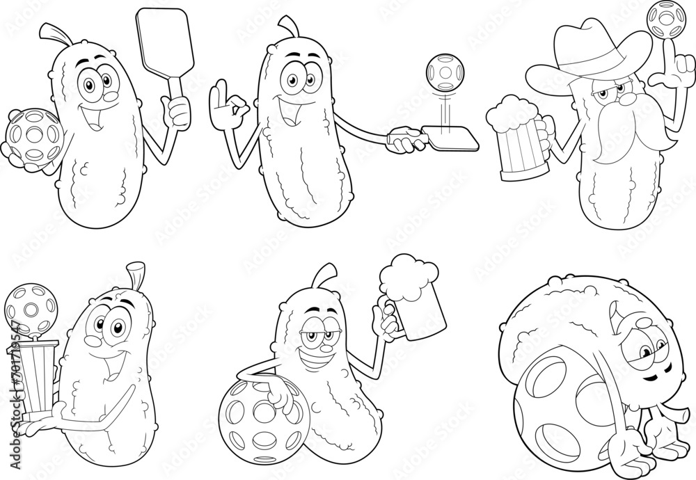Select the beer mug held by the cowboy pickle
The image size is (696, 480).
pyautogui.click(x=514, y=136)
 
